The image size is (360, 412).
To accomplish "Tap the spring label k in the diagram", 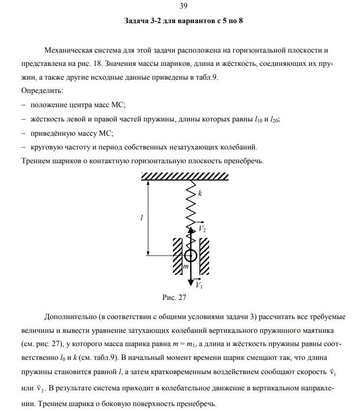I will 200,194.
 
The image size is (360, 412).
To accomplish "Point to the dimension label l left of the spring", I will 141,218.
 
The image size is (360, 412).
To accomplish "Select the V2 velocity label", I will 201,229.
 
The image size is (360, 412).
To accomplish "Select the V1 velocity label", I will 199,285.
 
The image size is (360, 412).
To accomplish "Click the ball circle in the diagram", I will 191,255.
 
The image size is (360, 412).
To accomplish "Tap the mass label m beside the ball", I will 185,266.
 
